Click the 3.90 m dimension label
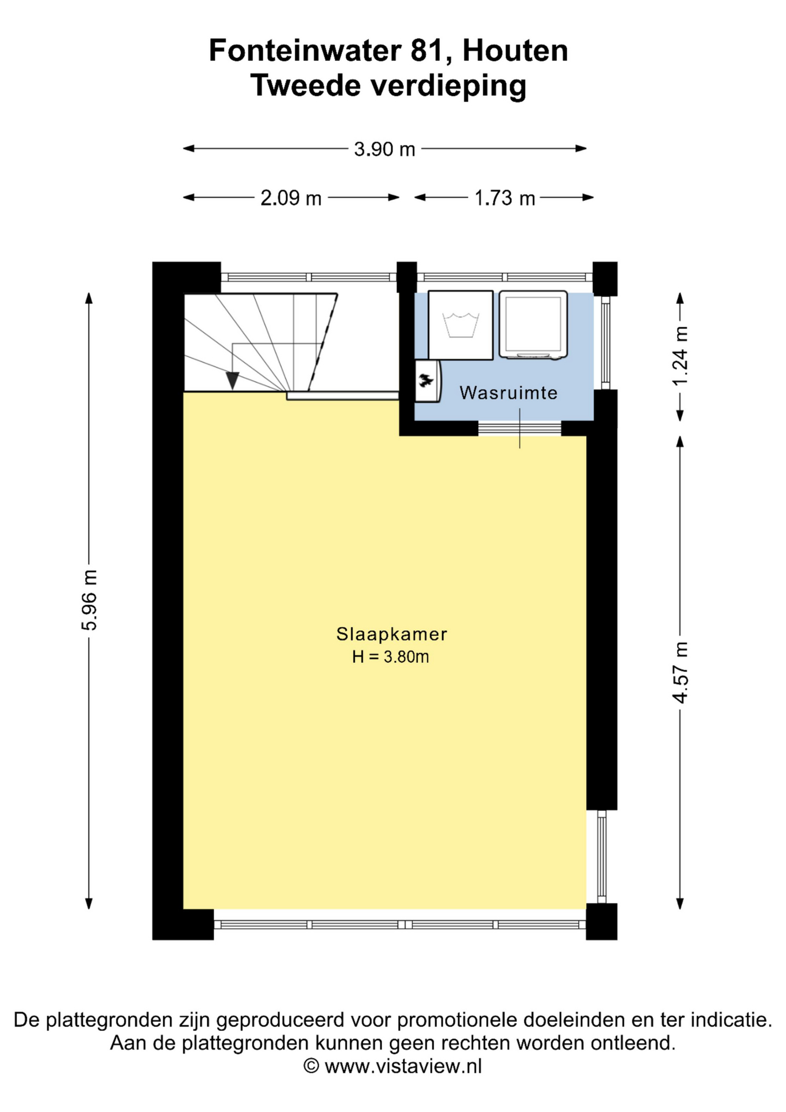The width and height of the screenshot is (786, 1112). point(385,149)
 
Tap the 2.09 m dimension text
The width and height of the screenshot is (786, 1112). point(291,198)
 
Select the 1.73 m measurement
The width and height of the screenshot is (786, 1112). point(505,198)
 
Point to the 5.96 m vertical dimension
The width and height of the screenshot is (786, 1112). point(90,599)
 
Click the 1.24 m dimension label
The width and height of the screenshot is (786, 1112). point(681,356)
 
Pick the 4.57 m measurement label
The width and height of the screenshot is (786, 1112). point(681,672)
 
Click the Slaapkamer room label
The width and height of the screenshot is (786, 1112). point(392,634)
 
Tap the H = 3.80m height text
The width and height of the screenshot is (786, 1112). point(391,657)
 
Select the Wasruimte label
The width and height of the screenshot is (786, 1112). point(508,393)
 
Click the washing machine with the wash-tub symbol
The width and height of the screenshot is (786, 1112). point(461,325)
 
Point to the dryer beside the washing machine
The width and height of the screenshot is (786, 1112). point(533,325)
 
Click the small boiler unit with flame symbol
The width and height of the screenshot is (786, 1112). point(428,381)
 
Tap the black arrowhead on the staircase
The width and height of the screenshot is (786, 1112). point(232,381)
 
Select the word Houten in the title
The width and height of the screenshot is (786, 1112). point(515,51)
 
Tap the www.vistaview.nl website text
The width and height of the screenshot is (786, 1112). point(403,1066)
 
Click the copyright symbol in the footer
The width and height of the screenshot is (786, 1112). point(311,1066)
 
